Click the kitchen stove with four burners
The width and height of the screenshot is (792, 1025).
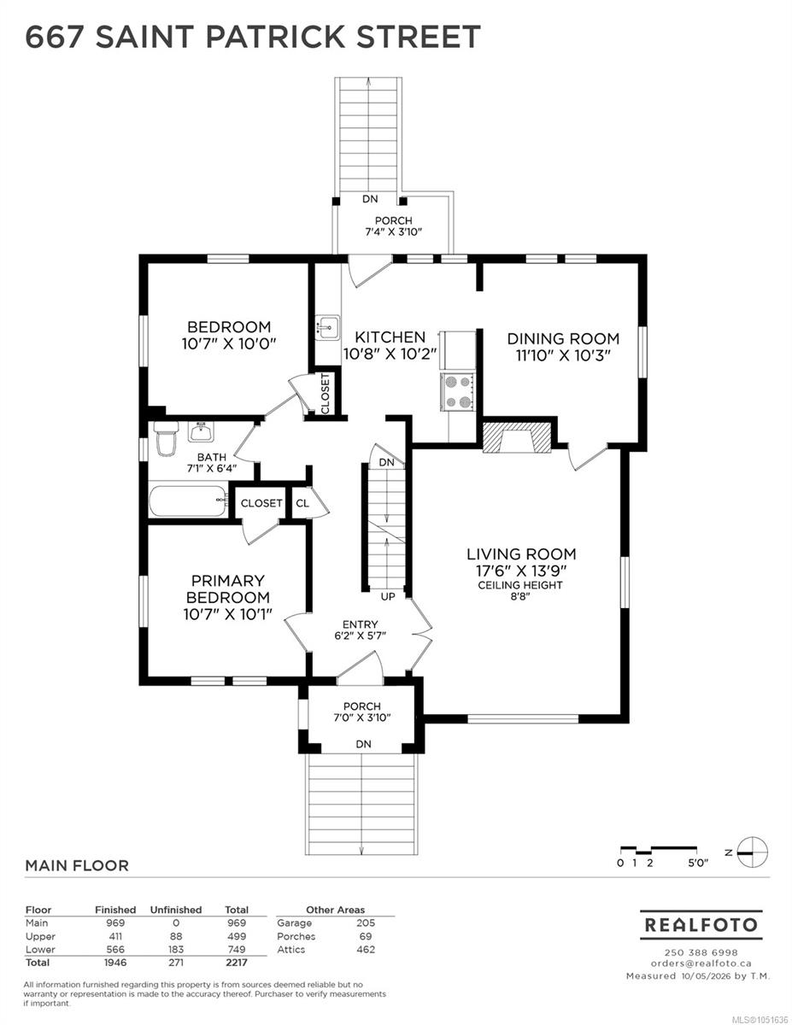point(457,391)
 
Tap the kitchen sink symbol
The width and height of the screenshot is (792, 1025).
point(327,327)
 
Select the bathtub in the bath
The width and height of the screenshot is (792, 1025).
point(188,501)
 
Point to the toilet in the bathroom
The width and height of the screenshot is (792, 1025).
point(166,438)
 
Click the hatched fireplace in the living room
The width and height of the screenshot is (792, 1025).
point(517,437)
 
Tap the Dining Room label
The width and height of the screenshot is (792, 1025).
point(563,338)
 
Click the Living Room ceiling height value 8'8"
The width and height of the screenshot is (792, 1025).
point(519,597)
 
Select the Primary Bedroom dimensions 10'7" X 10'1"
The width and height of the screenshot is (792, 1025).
point(228,614)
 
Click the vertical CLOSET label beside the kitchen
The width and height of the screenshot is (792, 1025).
point(326,394)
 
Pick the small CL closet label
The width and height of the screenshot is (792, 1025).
point(302,503)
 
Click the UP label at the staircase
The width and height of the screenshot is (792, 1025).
point(388,597)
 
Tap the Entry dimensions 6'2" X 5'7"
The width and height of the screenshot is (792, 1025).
point(361,635)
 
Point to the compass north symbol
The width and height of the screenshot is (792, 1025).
point(752,852)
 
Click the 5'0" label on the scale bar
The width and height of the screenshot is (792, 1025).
point(698,864)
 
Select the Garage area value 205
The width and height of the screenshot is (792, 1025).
point(366,922)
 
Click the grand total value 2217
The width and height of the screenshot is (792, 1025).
point(237,963)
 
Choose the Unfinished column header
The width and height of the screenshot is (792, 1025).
point(175,910)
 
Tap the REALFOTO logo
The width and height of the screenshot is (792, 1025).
point(701,925)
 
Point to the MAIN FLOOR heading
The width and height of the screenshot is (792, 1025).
point(76,865)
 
